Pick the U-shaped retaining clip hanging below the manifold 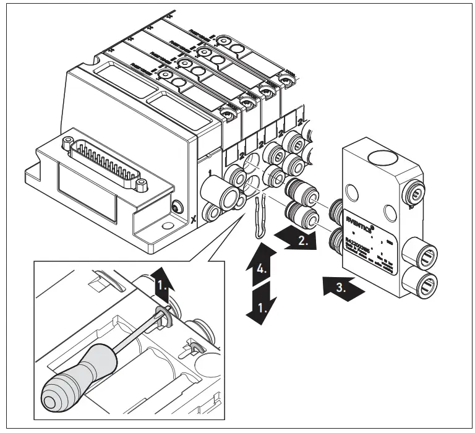[x=260, y=220]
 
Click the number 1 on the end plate [x=210, y=170]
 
